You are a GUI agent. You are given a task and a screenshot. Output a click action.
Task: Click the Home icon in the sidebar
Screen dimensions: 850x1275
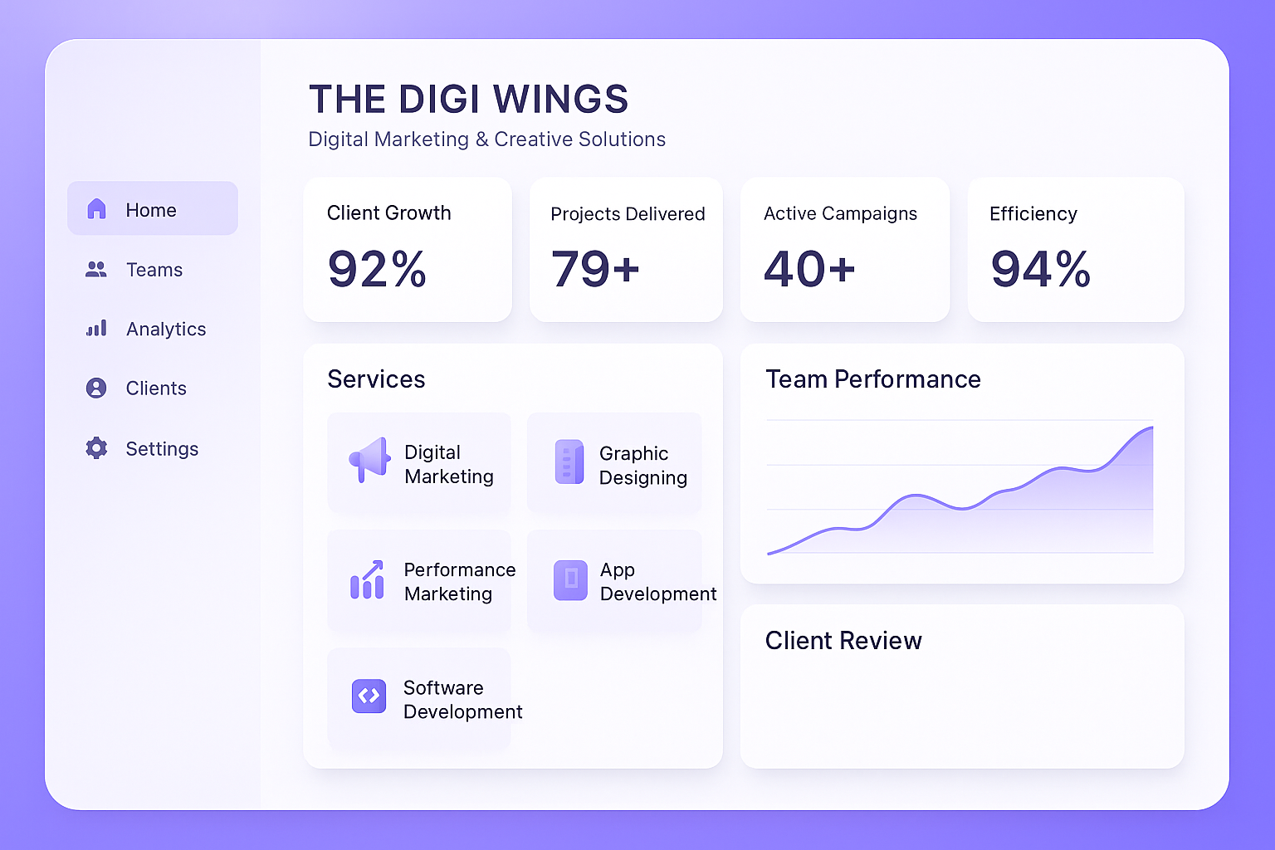[97, 209]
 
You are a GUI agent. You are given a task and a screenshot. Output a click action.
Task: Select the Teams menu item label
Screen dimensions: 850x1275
[154, 270]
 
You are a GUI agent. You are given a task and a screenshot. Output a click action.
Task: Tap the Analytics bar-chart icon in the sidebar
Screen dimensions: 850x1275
[96, 329]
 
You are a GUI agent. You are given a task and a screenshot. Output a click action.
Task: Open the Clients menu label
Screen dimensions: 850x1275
[156, 388]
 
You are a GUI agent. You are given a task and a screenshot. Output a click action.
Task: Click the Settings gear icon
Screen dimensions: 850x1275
[96, 448]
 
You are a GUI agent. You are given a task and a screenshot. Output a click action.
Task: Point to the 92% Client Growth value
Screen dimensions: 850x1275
[377, 270]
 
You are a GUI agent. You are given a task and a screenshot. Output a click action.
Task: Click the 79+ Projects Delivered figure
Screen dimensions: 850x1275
[595, 270]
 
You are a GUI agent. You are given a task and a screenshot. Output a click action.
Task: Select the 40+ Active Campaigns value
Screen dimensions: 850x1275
[809, 270]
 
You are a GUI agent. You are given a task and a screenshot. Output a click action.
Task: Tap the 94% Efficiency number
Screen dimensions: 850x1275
[1040, 270]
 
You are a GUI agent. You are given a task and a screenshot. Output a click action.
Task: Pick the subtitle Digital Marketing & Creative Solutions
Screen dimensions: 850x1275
[486, 139]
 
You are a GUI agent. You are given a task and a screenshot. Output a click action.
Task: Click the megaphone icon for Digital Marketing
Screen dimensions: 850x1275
[369, 459]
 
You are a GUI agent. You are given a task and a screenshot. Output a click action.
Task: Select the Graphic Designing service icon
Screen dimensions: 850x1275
[569, 462]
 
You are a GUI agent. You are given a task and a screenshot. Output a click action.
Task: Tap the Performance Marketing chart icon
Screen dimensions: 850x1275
[367, 579]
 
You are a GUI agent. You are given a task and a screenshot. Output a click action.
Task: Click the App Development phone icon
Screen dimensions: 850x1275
[570, 579]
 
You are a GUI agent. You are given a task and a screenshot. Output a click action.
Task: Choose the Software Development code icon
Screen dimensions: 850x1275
[369, 696]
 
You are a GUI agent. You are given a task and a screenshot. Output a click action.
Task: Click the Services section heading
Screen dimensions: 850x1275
[376, 379]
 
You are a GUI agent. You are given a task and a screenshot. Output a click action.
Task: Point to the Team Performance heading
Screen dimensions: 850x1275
[872, 379]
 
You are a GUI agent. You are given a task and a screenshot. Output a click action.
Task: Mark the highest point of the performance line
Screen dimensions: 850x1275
[1151, 427]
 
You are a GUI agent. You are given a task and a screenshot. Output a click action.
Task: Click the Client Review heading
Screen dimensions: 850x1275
[843, 641]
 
